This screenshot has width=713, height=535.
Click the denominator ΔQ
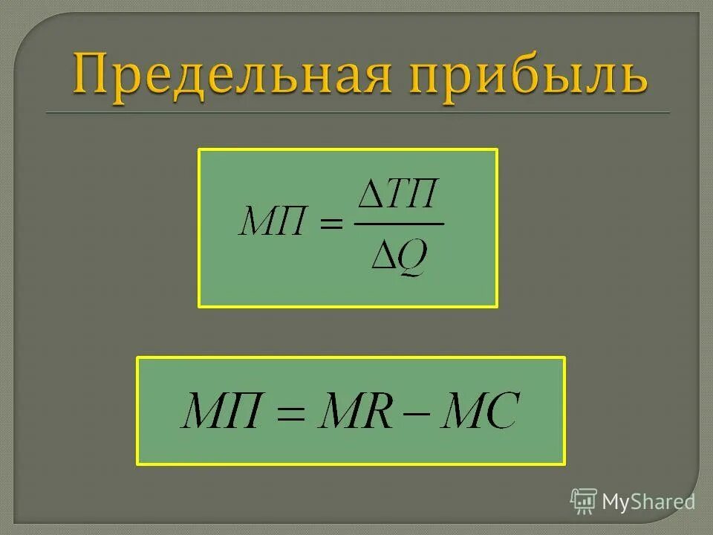(x=400, y=256)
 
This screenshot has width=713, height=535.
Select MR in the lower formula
(x=354, y=411)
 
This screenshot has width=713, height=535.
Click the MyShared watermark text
(x=648, y=502)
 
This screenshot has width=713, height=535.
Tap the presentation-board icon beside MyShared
(x=584, y=502)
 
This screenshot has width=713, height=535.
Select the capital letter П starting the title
(x=91, y=74)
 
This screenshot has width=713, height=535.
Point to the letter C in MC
(x=499, y=411)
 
